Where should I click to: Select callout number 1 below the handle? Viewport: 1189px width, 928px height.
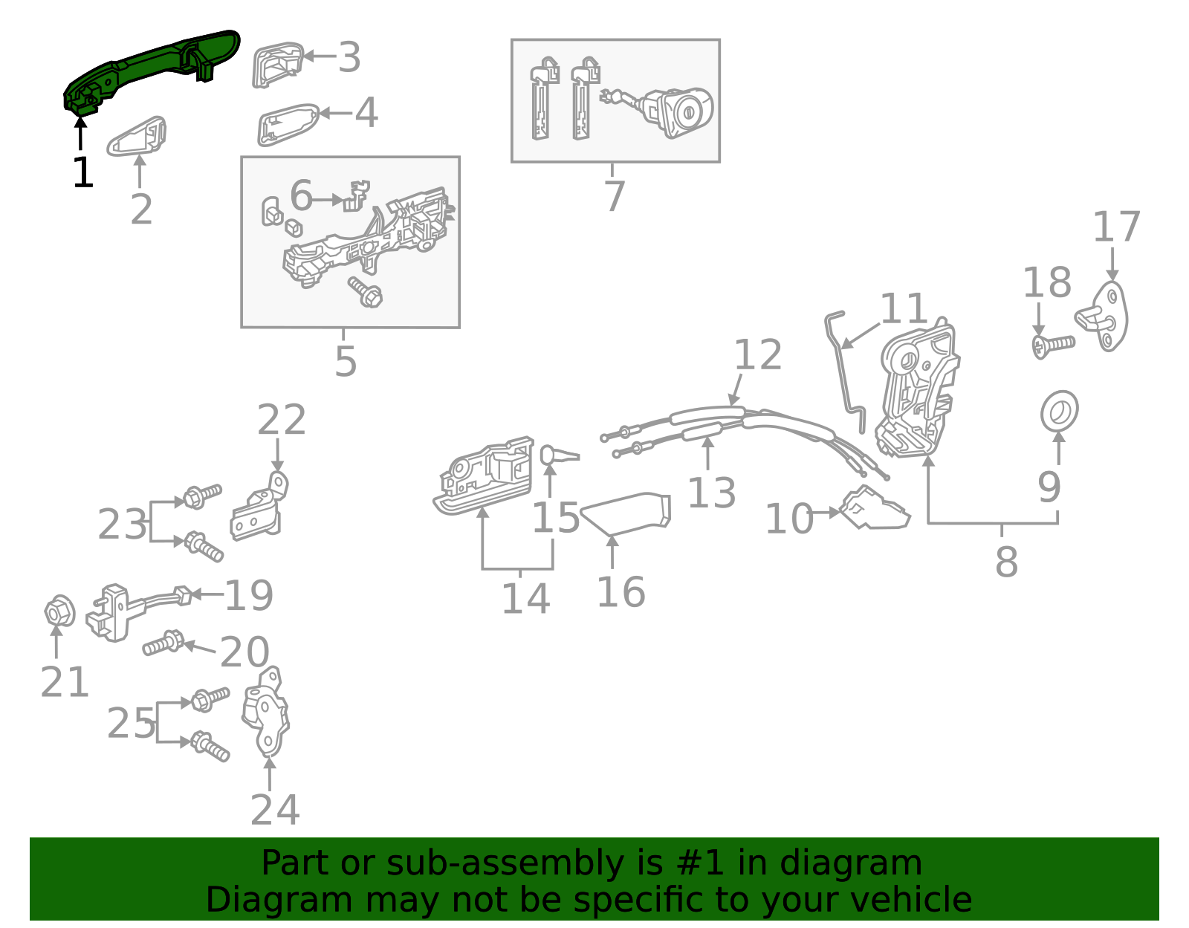coord(82,172)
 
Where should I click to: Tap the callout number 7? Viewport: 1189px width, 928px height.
coord(614,196)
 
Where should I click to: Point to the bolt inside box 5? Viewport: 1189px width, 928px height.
coord(366,292)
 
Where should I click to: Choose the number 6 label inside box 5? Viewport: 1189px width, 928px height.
coord(301,195)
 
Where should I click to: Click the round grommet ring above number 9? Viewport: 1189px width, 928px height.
coord(1059,411)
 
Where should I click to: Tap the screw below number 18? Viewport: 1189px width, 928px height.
coord(1053,345)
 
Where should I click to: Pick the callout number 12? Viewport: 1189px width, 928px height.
coord(758,355)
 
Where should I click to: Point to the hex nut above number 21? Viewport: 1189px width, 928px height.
coord(59,613)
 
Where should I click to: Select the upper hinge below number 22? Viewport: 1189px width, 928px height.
coord(260,509)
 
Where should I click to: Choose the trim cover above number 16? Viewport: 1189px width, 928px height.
coord(629,513)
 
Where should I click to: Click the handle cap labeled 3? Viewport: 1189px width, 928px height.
coord(276,65)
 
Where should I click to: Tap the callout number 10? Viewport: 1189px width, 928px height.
coord(789,519)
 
